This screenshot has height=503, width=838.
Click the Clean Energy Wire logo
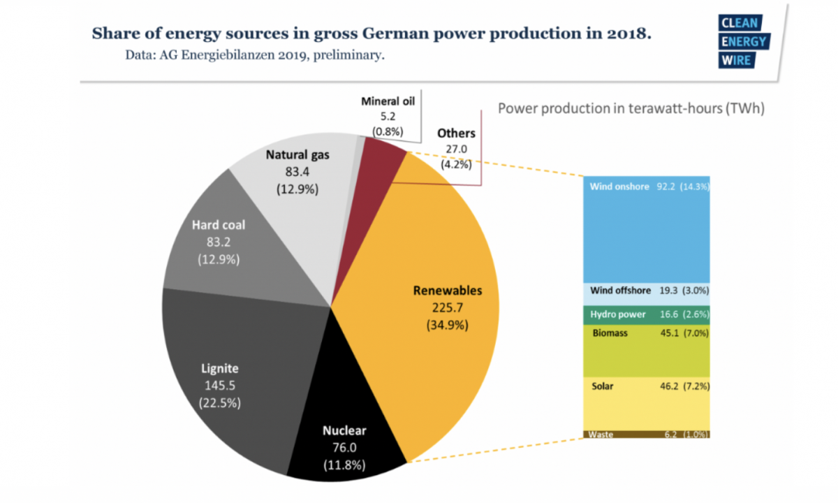click(x=743, y=41)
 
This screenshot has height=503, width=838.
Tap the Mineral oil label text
click(x=388, y=101)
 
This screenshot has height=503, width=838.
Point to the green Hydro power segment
click(x=646, y=314)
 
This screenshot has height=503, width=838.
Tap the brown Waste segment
click(x=646, y=435)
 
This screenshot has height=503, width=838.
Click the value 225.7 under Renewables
click(x=437, y=307)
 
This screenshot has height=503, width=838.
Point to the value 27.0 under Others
click(x=456, y=149)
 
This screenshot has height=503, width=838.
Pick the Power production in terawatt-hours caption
click(x=631, y=109)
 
